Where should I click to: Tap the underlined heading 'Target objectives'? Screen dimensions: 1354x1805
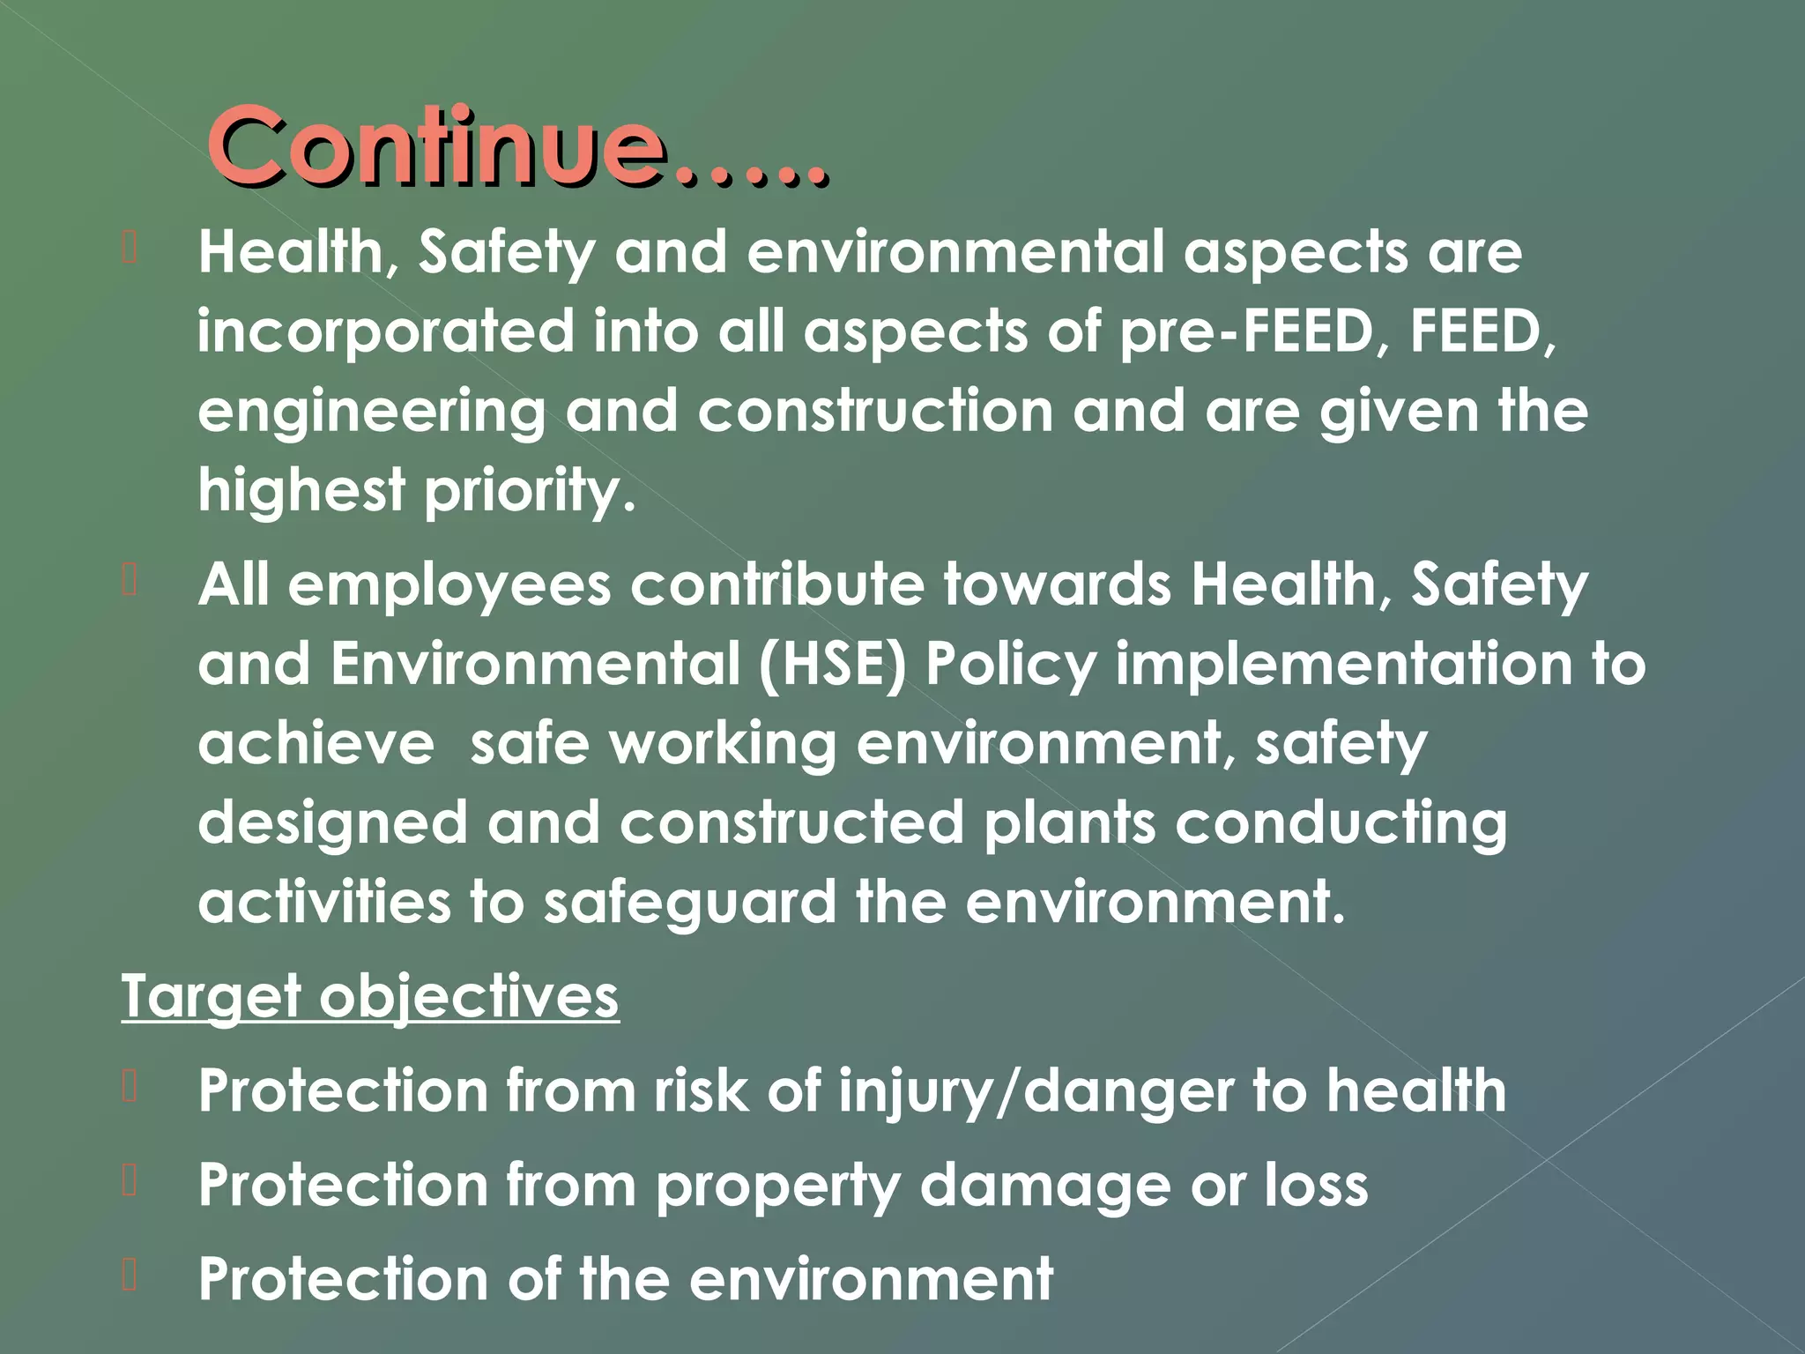tap(370, 996)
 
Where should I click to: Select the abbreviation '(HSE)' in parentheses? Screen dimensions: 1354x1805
tap(832, 664)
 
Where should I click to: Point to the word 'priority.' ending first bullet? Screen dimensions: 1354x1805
tap(530, 490)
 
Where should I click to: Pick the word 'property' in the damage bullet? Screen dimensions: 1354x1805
tap(777, 1186)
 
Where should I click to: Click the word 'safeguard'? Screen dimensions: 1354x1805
tap(689, 903)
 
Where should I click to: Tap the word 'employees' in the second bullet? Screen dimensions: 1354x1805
tap(449, 584)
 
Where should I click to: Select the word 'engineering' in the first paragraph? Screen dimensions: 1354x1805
tap(371, 412)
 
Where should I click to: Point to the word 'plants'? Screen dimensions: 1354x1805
tap(1069, 822)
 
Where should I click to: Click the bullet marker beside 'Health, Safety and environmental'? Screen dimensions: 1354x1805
tap(130, 249)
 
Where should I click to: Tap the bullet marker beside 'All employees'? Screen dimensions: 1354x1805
tap(130, 581)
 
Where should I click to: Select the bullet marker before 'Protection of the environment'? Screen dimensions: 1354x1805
tap(130, 1276)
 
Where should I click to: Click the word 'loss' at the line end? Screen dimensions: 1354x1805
tap(1317, 1184)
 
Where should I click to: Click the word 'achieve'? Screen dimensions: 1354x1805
tap(316, 744)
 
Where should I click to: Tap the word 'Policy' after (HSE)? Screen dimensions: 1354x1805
tap(1011, 664)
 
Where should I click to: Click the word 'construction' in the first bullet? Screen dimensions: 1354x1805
tap(875, 411)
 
